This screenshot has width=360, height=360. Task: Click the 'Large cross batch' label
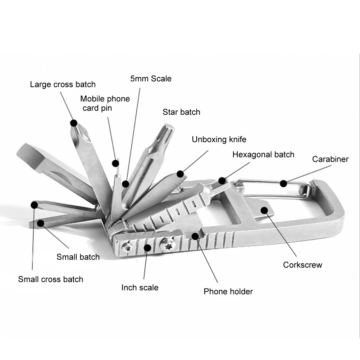click(63, 85)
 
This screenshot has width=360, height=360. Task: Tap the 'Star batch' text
click(181, 112)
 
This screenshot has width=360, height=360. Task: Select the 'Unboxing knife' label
click(219, 140)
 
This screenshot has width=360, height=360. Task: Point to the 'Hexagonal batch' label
click(263, 155)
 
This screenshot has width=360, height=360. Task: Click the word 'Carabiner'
click(330, 159)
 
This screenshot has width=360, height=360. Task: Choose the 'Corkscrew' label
click(302, 265)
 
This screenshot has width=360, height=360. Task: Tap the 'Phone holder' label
click(228, 291)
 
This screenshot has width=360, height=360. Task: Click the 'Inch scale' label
click(140, 287)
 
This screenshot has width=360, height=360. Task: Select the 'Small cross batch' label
click(50, 279)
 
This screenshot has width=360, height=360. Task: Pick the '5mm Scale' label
click(151, 78)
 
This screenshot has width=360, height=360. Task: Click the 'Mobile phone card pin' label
click(105, 103)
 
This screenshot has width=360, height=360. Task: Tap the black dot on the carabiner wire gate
click(283, 183)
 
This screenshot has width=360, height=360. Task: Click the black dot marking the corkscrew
click(264, 209)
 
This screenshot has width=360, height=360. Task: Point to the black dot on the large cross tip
click(74, 123)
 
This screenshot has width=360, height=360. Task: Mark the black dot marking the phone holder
click(195, 236)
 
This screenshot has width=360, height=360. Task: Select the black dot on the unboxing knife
click(181, 174)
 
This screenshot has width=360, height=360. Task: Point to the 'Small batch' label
click(78, 257)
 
